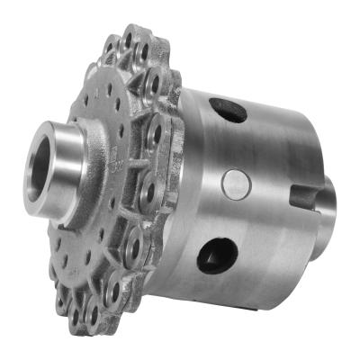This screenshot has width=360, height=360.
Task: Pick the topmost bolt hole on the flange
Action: pos(132,41)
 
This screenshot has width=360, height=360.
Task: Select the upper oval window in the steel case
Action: pos(227,111)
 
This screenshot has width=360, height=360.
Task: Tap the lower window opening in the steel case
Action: pos(218,255)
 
